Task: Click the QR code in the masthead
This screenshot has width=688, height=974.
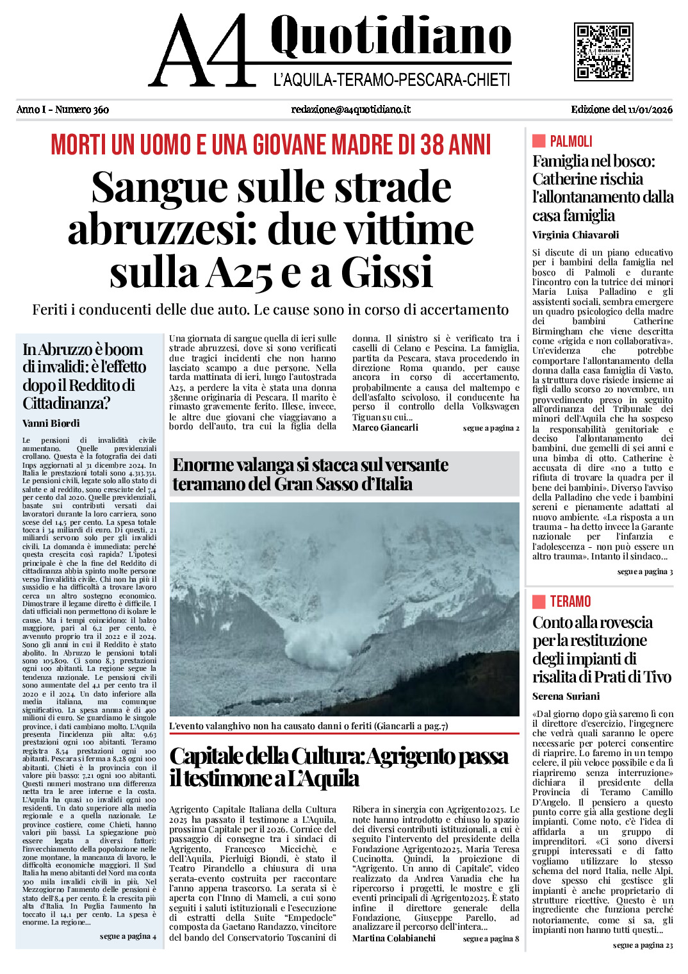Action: coord(603,51)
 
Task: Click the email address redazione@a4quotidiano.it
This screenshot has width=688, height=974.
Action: coord(350,110)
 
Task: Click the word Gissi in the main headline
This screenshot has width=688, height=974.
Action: coord(387,272)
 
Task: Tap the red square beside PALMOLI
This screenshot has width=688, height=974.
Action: coord(539,141)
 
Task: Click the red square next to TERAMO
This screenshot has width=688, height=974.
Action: coord(539,601)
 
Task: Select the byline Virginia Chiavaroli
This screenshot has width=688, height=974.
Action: coord(575,235)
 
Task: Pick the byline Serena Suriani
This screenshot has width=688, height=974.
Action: coord(566,696)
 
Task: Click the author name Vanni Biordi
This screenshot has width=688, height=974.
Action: coord(51,423)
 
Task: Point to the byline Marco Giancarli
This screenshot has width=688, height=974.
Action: coord(385,427)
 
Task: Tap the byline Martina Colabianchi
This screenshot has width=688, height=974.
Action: coord(393,938)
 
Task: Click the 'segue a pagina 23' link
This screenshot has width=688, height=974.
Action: coord(643,945)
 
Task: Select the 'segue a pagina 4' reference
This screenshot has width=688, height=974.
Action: coord(127,936)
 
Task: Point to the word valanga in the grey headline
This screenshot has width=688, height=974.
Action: coord(270,465)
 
